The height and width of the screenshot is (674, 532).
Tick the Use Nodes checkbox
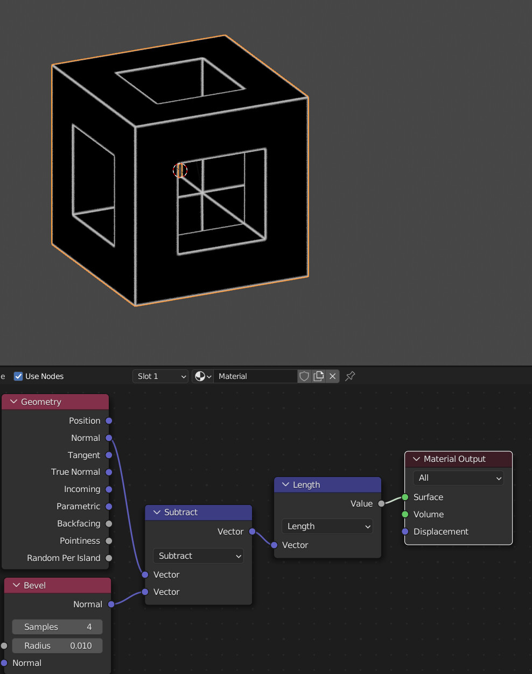coord(18,376)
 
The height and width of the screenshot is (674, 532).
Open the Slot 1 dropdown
coord(160,376)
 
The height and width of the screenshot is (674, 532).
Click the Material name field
coord(255,376)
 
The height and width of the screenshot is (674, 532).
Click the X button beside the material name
coord(333,376)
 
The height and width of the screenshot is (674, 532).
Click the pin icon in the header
coord(350,376)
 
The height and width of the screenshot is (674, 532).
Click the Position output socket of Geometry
coord(109,420)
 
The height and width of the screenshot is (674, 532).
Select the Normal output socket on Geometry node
coord(109,438)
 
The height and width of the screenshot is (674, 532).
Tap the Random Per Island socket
coord(109,558)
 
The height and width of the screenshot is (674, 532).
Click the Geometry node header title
coord(41,402)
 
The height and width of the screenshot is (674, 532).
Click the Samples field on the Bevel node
coord(57,627)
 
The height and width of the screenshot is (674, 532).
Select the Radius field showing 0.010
coord(57,645)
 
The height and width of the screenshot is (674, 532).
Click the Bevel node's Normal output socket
coord(111,604)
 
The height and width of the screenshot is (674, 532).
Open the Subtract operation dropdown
coord(198,556)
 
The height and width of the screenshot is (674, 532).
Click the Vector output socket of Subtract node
coord(252,531)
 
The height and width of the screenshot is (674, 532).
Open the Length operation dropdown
coord(327,526)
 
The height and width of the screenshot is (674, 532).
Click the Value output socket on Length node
coord(381,503)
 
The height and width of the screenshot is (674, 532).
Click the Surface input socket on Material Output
coord(405,497)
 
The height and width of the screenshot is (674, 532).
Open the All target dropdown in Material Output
coord(458,478)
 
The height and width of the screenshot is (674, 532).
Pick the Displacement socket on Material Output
coord(405,531)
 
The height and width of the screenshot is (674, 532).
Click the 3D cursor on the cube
coord(180,170)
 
